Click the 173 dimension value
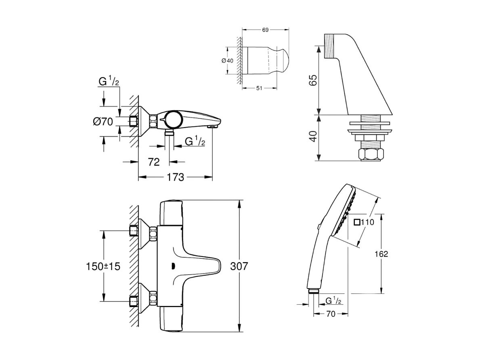175,177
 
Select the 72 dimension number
154,162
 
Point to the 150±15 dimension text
103,266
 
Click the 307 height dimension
238,266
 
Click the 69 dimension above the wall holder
265,29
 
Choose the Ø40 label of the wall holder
227,61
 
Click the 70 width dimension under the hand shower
331,314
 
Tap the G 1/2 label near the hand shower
333,301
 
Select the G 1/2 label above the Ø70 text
109,82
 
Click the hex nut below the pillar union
369,155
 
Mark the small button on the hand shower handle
319,227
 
